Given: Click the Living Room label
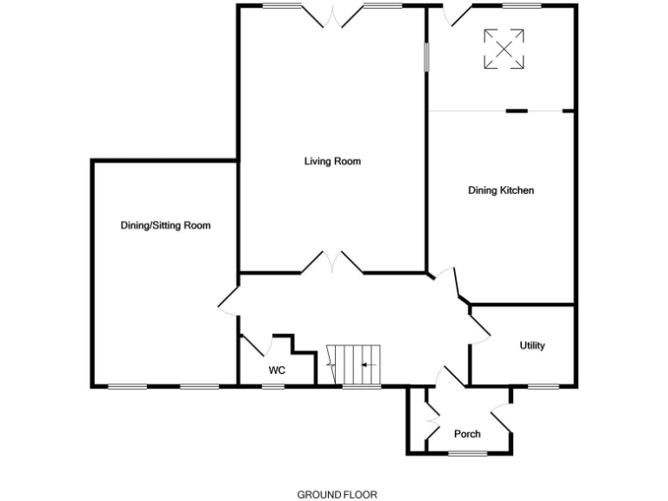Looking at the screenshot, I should (332, 161).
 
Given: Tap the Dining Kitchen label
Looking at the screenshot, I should (500, 190).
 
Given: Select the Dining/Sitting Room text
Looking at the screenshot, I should (165, 225).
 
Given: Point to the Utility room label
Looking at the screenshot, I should (531, 345).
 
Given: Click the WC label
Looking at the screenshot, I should (277, 371).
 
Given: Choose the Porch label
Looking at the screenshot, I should (467, 434).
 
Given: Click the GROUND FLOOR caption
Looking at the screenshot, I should (337, 494).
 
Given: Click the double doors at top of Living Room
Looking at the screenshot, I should (332, 15).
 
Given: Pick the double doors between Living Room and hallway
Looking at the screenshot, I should (332, 264).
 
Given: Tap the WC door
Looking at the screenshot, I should (253, 344).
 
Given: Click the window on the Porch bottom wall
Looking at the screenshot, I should (467, 453).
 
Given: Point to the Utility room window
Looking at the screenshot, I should (543, 386).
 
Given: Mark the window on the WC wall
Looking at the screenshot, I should (273, 386).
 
